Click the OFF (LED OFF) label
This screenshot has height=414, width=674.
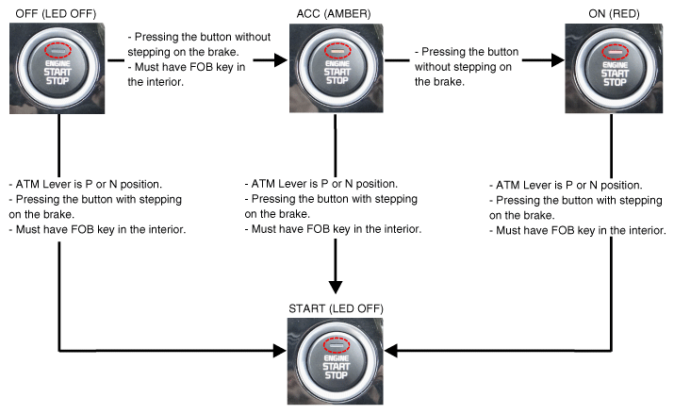coord(54,10)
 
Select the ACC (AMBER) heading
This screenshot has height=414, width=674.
coord(335,10)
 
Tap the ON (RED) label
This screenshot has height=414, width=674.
coord(612,10)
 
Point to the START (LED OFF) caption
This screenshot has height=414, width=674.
coord(335,308)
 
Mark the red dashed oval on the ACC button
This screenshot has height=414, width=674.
coord(336,49)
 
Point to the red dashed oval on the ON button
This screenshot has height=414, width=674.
coord(615,49)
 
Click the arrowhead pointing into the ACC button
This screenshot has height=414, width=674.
coord(279,58)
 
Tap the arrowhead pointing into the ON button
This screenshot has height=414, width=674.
coord(556,58)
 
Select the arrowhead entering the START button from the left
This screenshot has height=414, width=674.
coord(279,350)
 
